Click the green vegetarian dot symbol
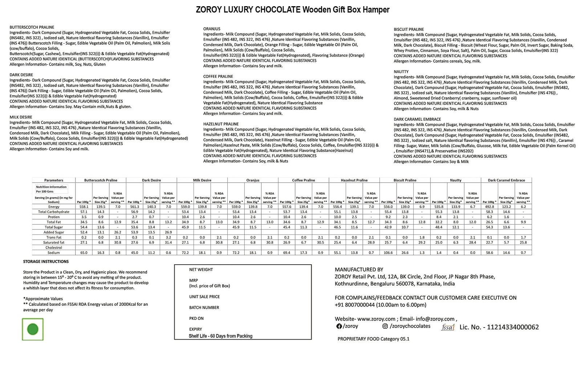[x=33, y=329]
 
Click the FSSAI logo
[x=448, y=327]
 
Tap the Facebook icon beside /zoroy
[x=339, y=326]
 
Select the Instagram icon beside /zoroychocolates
[x=385, y=326]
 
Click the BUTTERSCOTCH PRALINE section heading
[x=32, y=27]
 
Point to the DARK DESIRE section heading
[x=21, y=75]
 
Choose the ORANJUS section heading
[x=212, y=29]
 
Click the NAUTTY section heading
[x=401, y=72]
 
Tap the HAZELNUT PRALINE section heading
[x=221, y=124]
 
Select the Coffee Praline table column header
[x=304, y=180]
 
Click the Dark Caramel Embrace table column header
[x=506, y=180]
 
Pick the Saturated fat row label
[x=54, y=242]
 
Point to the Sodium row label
[x=54, y=253]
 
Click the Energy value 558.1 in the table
[x=84, y=206]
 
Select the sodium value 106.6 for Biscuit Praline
[x=388, y=253]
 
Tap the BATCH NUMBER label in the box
[x=204, y=308]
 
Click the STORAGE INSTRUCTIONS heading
[x=46, y=261]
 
